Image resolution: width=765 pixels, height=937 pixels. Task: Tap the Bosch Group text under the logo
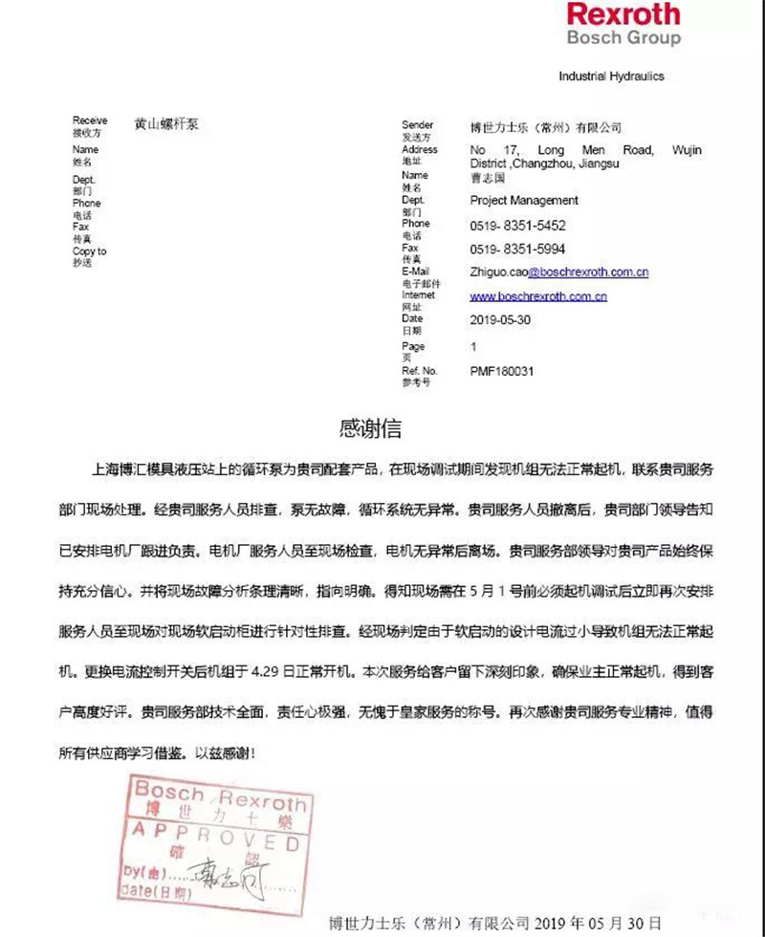(623, 38)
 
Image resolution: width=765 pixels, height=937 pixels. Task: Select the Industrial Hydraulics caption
(611, 76)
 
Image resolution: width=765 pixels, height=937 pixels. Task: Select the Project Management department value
(524, 201)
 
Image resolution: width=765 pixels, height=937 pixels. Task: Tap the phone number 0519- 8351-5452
(518, 227)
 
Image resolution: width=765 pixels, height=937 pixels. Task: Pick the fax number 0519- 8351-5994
(518, 249)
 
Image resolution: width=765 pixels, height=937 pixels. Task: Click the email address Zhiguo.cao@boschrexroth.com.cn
(559, 272)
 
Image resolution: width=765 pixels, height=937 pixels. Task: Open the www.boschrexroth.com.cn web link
(538, 296)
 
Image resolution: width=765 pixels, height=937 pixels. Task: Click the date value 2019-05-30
(500, 320)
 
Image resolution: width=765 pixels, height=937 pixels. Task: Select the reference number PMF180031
(501, 370)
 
